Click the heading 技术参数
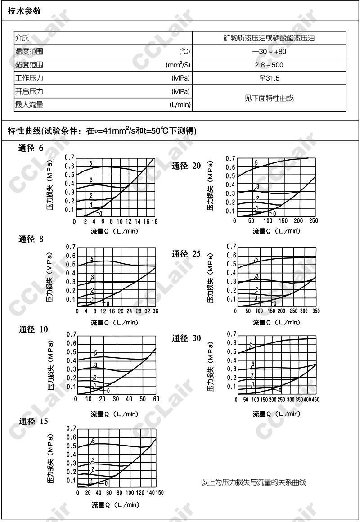coord(25,11)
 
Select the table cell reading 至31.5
coord(269,78)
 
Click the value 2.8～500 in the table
coord(269,65)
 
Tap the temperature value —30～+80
coord(269,51)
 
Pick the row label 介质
coord(22,38)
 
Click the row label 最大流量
coord(29,105)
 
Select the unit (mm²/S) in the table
coord(178,65)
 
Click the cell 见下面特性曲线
coord(269,98)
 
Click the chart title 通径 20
coord(186,166)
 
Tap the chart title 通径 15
coord(33,422)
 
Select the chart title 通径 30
coord(186,338)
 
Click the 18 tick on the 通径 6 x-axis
coord(155,222)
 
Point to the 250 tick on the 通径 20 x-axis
coord(314,221)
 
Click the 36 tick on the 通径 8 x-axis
coord(156,311)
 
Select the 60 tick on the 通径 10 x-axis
coord(156,399)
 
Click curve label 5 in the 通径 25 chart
coord(256,259)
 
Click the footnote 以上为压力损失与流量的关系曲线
coord(253,483)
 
